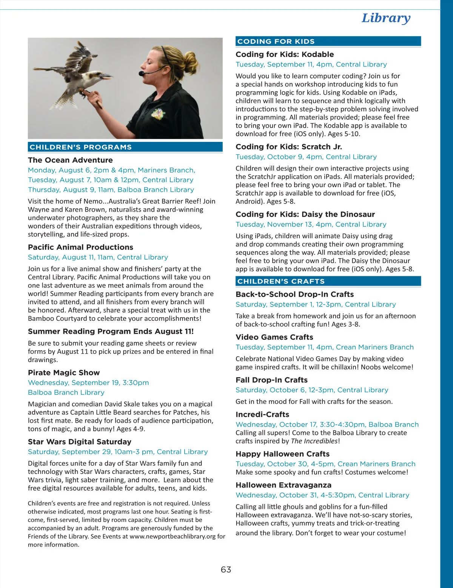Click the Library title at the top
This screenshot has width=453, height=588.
coord(386,18)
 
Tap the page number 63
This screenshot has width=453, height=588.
coord(226,570)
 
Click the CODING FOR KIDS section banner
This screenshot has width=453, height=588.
coord(276,42)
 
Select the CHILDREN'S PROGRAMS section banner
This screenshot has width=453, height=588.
coord(81,147)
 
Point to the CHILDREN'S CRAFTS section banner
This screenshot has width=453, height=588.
coord(281,281)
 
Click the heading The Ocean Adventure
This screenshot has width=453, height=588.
coord(70,160)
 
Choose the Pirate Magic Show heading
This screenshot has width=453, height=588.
coord(64,373)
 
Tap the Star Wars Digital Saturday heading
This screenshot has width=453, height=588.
coord(80,442)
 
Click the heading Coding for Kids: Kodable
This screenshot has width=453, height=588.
coord(285,54)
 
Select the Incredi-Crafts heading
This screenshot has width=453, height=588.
coord(262,414)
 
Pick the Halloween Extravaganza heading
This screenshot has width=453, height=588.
coord(284,485)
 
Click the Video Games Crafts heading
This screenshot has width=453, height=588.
coord(274,337)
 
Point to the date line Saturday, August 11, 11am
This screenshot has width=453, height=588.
coord(98,257)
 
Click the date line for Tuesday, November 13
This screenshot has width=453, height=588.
coord(311,224)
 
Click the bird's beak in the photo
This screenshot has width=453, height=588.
coord(107,77)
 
